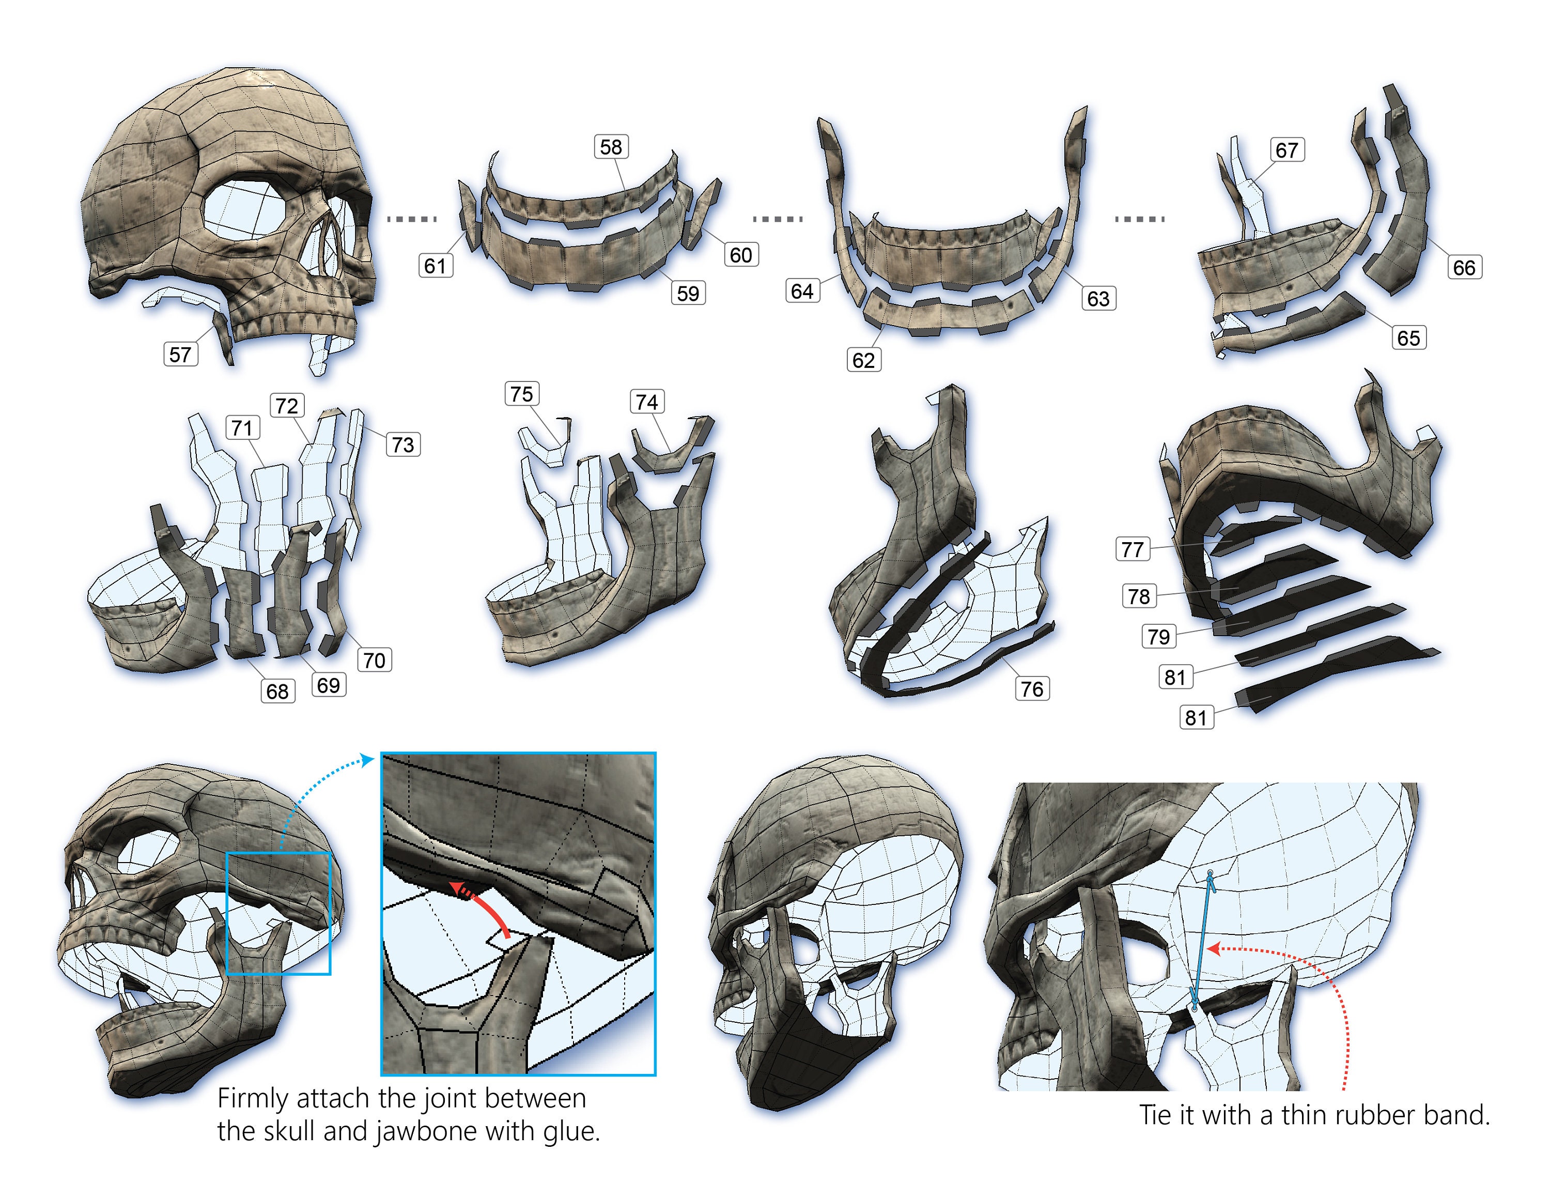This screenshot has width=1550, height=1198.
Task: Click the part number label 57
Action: pos(180,354)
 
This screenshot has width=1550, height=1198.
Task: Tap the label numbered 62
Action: pos(864,360)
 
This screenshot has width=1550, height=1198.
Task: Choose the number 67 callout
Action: pos(1287,150)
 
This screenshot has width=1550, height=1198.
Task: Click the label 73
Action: pos(403,444)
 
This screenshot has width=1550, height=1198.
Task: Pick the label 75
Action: pos(522,394)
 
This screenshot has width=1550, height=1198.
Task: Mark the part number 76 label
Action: pos(1032,688)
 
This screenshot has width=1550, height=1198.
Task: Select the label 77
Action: pos(1133,549)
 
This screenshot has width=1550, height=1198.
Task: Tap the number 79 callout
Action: pos(1159,636)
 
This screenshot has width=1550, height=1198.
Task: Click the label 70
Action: pos(374,660)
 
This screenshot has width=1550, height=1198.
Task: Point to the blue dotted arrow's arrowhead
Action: pos(368,760)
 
